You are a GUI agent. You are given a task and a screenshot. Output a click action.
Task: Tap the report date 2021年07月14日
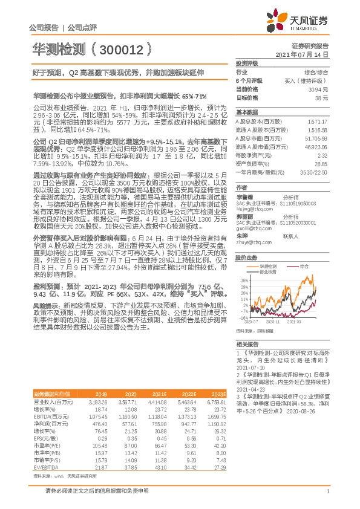[x=306, y=54]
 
